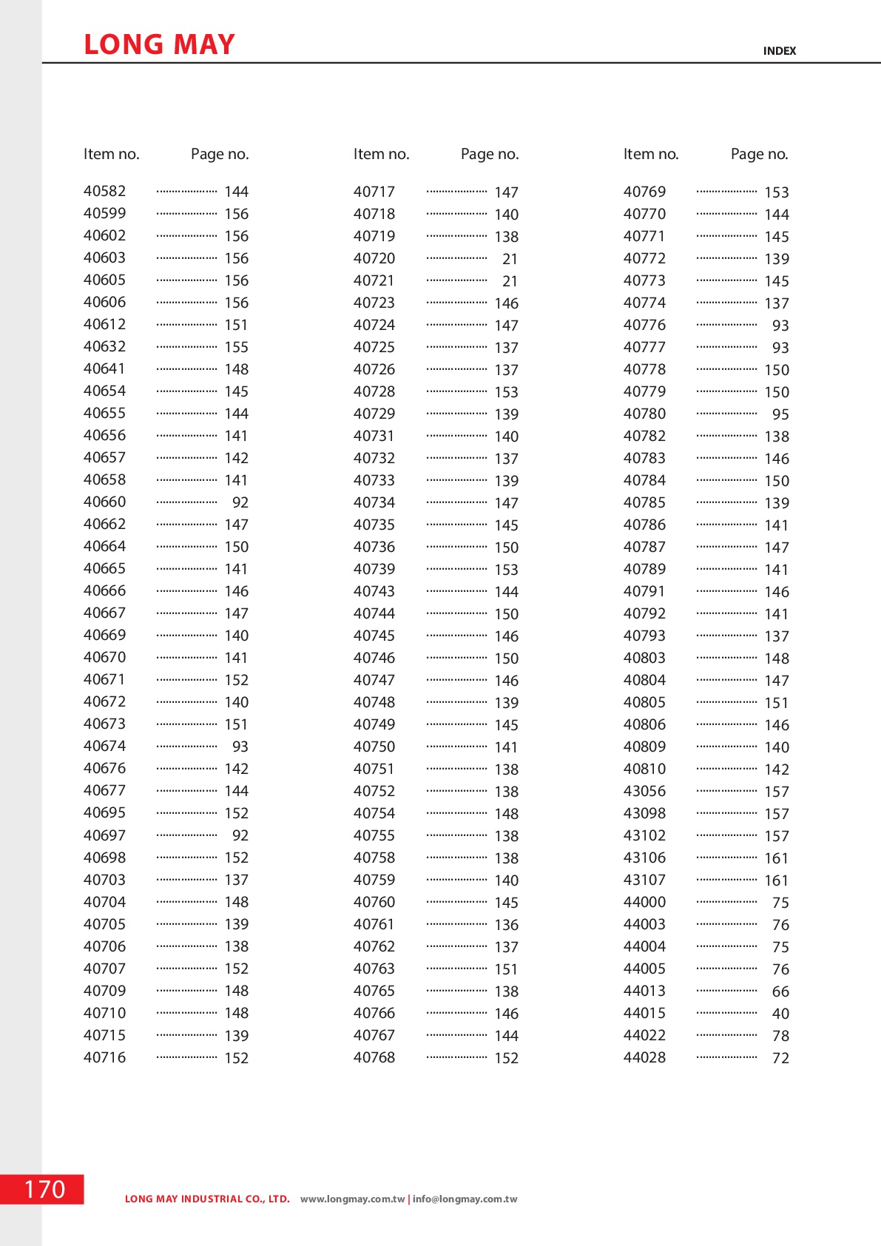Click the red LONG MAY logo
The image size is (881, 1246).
pyautogui.click(x=159, y=44)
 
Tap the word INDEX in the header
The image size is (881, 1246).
pyautogui.click(x=779, y=51)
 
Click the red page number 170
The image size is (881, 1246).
pyautogui.click(x=44, y=1189)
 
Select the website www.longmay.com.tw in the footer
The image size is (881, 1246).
pyautogui.click(x=352, y=1199)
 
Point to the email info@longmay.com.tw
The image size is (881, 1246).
pyautogui.click(x=465, y=1199)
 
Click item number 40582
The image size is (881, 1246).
pyautogui.click(x=104, y=191)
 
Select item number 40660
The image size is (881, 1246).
pyautogui.click(x=104, y=502)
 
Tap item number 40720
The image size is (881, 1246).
pyautogui.click(x=374, y=258)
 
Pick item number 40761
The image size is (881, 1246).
pyautogui.click(x=374, y=924)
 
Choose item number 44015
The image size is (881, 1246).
pyautogui.click(x=644, y=1013)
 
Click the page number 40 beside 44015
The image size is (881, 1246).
pyautogui.click(x=780, y=1014)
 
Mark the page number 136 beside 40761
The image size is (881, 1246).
pyautogui.click(x=507, y=925)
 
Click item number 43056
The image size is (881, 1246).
pyautogui.click(x=644, y=791)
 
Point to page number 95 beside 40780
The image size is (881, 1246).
pyautogui.click(x=780, y=414)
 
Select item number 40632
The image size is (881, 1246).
pyautogui.click(x=104, y=346)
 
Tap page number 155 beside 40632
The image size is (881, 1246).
pyautogui.click(x=237, y=347)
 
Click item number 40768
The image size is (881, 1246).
pyautogui.click(x=374, y=1057)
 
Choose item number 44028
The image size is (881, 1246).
pyautogui.click(x=644, y=1057)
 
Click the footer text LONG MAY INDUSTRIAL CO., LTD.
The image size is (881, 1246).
pyautogui.click(x=207, y=1199)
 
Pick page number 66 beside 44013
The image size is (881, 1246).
pyautogui.click(x=780, y=991)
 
